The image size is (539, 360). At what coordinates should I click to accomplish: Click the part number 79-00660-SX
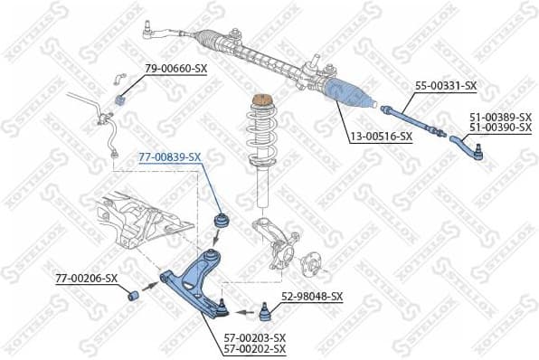pos(175,70)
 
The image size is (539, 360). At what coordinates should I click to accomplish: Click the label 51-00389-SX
pos(500,117)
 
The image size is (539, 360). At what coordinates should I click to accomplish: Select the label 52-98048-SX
pos(312,296)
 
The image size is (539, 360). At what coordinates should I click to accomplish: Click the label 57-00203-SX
pos(255,337)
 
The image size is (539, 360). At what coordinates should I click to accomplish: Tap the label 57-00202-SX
pos(255,349)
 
